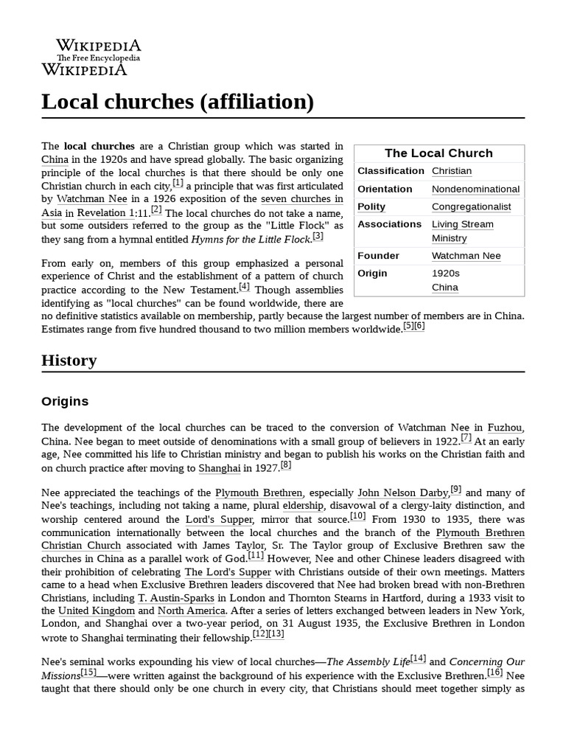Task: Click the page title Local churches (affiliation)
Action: coord(178,102)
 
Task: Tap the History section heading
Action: coord(69,361)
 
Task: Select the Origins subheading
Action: coord(65,402)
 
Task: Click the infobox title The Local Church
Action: coord(439,153)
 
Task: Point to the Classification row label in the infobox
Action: coord(391,171)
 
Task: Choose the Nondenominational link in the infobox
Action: coord(475,189)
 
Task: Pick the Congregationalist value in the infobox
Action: coord(471,207)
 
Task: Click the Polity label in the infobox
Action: coord(371,207)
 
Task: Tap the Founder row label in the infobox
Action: coord(378,256)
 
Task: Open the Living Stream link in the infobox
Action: coord(462,224)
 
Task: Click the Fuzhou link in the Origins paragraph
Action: coord(506,428)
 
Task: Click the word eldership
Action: coord(303,506)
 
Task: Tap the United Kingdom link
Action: coord(97,610)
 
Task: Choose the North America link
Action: coord(192,610)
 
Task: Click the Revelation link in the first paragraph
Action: coord(102,213)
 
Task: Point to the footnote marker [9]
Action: coord(456,489)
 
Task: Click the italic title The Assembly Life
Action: coord(368,662)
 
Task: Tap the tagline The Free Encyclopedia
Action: coord(98,58)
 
